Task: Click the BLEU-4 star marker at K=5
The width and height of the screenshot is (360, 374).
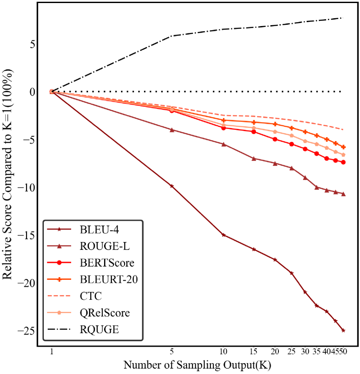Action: [x=172, y=186]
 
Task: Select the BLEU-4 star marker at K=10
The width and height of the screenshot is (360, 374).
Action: [x=223, y=235]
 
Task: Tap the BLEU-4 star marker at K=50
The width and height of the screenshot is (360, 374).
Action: [x=344, y=330]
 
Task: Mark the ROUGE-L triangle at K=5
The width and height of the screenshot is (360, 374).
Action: [x=172, y=130]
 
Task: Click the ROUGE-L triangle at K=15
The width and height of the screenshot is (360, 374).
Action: [x=254, y=158]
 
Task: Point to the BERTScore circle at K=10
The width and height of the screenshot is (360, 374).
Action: [x=223, y=128]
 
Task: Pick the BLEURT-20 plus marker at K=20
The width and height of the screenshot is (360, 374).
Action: [x=275, y=124]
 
